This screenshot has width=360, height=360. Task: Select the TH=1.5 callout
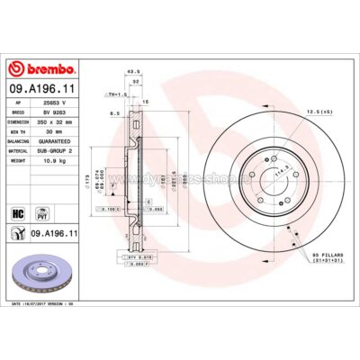[115, 93]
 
